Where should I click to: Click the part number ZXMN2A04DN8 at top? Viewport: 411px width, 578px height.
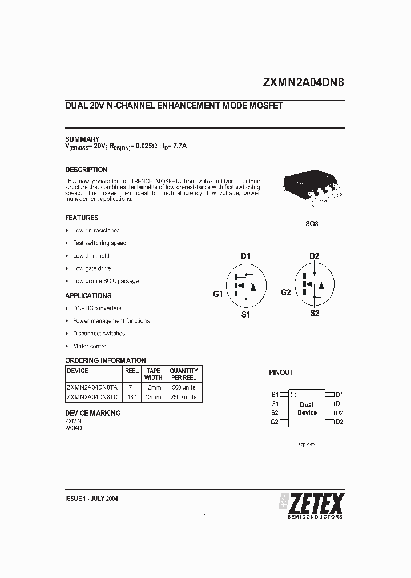303,82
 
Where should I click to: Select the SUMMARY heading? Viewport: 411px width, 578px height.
82,139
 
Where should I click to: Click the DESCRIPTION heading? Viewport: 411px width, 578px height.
86,170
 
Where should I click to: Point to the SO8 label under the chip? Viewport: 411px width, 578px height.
312,224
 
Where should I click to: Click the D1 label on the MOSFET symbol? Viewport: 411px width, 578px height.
245,256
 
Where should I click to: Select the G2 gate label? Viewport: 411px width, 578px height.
286,292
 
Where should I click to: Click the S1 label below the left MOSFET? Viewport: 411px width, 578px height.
245,315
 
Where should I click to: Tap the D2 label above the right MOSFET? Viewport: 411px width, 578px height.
314,256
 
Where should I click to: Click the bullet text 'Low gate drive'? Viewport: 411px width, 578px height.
92,268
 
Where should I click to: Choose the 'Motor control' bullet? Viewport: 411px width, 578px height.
90,346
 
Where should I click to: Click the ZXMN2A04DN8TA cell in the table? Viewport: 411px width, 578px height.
92,387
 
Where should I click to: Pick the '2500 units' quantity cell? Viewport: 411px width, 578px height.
183,397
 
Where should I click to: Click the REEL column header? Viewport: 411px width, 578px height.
132,371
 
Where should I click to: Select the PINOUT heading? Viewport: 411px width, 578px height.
281,372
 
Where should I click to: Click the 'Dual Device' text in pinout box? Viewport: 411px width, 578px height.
307,408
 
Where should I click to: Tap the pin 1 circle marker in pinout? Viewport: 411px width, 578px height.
293,395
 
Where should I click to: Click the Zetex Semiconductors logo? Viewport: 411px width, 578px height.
311,505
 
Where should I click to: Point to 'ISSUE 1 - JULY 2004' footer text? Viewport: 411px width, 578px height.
92,498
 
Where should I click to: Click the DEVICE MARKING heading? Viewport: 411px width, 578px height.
93,413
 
